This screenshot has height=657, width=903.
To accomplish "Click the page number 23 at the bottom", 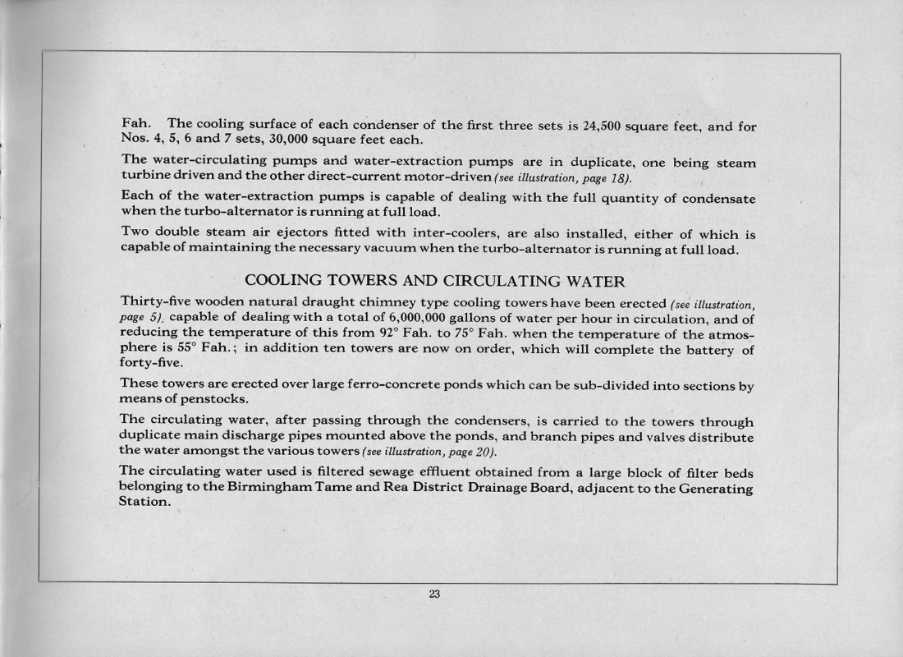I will coord(434,595).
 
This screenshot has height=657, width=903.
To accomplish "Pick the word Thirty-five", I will coord(160,301).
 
